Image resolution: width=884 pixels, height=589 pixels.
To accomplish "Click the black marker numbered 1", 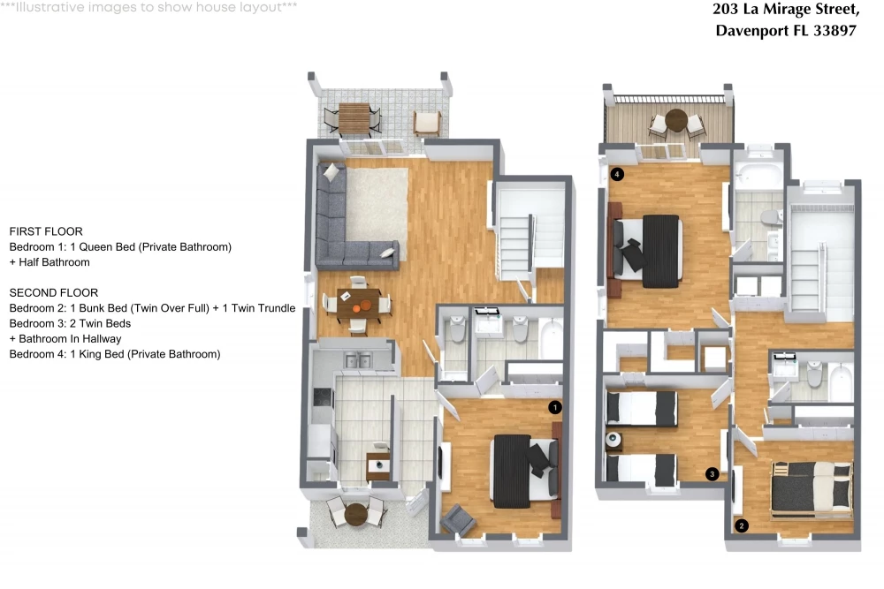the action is tap(555, 407).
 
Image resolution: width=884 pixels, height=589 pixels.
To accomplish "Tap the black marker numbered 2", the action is tap(742, 526).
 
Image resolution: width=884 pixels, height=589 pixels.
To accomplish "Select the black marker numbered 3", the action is tap(712, 474).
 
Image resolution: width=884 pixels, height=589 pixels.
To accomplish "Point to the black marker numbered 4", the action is tap(617, 174).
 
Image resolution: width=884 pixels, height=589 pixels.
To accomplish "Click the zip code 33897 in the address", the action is tap(834, 30).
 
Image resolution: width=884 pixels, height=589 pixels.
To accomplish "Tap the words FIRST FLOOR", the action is tap(46, 231).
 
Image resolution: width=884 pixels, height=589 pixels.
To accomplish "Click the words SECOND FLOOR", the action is tap(54, 293).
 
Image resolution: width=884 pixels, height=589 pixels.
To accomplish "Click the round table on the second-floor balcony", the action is tap(676, 120).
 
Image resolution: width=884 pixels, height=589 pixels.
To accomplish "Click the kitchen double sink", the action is tap(357, 359).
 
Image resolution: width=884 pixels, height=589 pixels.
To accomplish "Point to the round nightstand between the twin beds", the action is tap(613, 439).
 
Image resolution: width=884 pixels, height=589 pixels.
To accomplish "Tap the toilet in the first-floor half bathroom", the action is tap(456, 328).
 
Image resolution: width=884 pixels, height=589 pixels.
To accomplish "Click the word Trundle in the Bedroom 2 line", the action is tap(276, 308).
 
